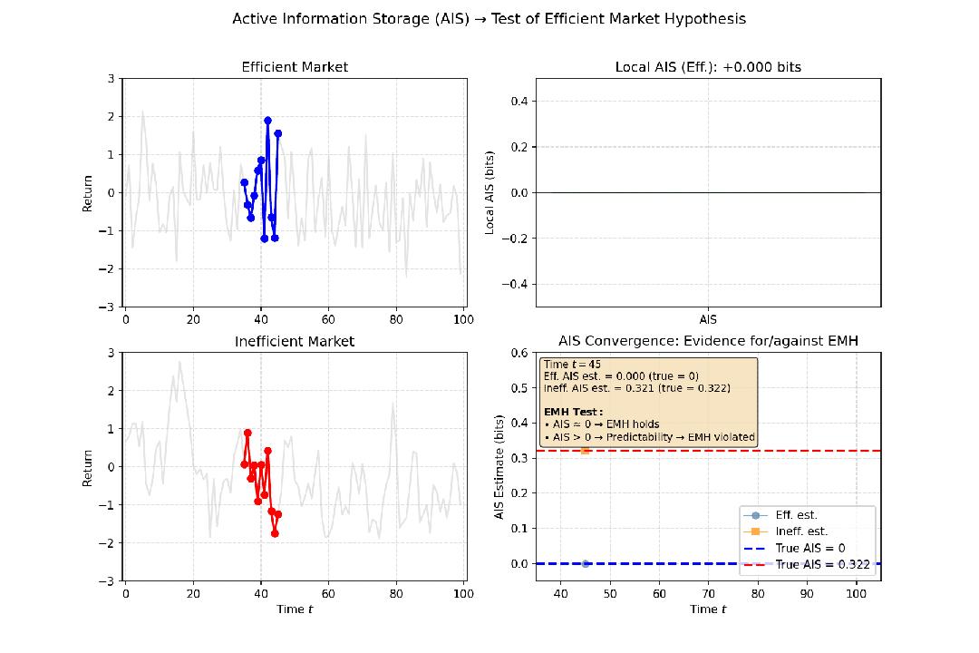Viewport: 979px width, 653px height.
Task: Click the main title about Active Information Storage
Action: tap(489, 18)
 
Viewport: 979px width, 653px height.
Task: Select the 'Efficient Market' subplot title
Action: tap(295, 67)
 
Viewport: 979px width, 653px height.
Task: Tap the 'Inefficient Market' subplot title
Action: tap(295, 342)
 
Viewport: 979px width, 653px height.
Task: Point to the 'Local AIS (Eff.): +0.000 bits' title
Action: tap(708, 67)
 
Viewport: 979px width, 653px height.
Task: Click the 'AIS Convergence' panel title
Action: tap(708, 341)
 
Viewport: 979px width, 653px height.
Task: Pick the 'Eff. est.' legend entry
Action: tap(796, 515)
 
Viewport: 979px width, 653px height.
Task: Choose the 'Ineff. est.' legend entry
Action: tap(800, 531)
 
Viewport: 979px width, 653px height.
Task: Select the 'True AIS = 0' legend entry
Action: tap(810, 548)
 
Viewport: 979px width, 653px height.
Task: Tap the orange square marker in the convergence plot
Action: tap(585, 450)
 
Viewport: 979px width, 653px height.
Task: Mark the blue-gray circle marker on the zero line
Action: tap(585, 563)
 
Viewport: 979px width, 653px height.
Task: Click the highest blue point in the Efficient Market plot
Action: tap(267, 120)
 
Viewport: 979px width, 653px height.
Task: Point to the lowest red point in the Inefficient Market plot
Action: tap(275, 533)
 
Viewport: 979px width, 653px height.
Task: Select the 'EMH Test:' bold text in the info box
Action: tap(573, 412)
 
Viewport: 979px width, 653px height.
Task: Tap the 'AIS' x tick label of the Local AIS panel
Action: tap(708, 319)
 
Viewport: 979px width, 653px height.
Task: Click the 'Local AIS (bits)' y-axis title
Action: tap(489, 192)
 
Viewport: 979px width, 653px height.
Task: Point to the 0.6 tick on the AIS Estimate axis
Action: tap(520, 353)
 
